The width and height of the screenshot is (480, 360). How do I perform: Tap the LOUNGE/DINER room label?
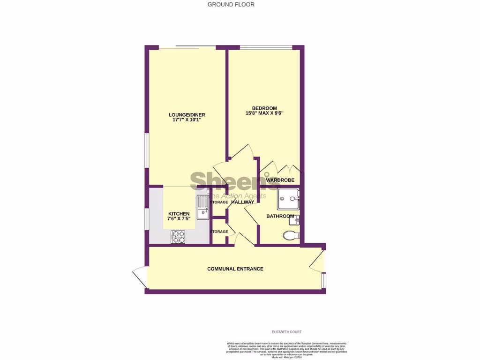click(x=187, y=115)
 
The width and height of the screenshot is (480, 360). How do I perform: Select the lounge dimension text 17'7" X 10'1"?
click(x=187, y=120)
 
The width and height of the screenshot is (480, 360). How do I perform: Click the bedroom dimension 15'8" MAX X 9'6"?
click(x=265, y=113)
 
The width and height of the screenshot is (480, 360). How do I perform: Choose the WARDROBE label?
click(x=280, y=180)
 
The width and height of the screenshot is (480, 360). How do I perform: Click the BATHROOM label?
click(x=280, y=216)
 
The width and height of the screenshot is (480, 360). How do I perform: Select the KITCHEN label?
click(x=179, y=214)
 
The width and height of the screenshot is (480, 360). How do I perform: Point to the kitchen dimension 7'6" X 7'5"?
click(x=179, y=219)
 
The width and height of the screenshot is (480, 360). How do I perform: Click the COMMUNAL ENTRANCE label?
click(x=235, y=269)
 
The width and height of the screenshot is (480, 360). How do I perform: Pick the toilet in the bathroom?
click(x=291, y=235)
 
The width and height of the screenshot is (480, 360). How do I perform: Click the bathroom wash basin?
click(x=298, y=218)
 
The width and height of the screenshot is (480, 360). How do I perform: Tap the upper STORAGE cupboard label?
click(x=218, y=202)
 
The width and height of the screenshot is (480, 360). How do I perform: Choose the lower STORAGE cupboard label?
click(x=218, y=232)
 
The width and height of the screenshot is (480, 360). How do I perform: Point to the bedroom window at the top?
click(x=266, y=46)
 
